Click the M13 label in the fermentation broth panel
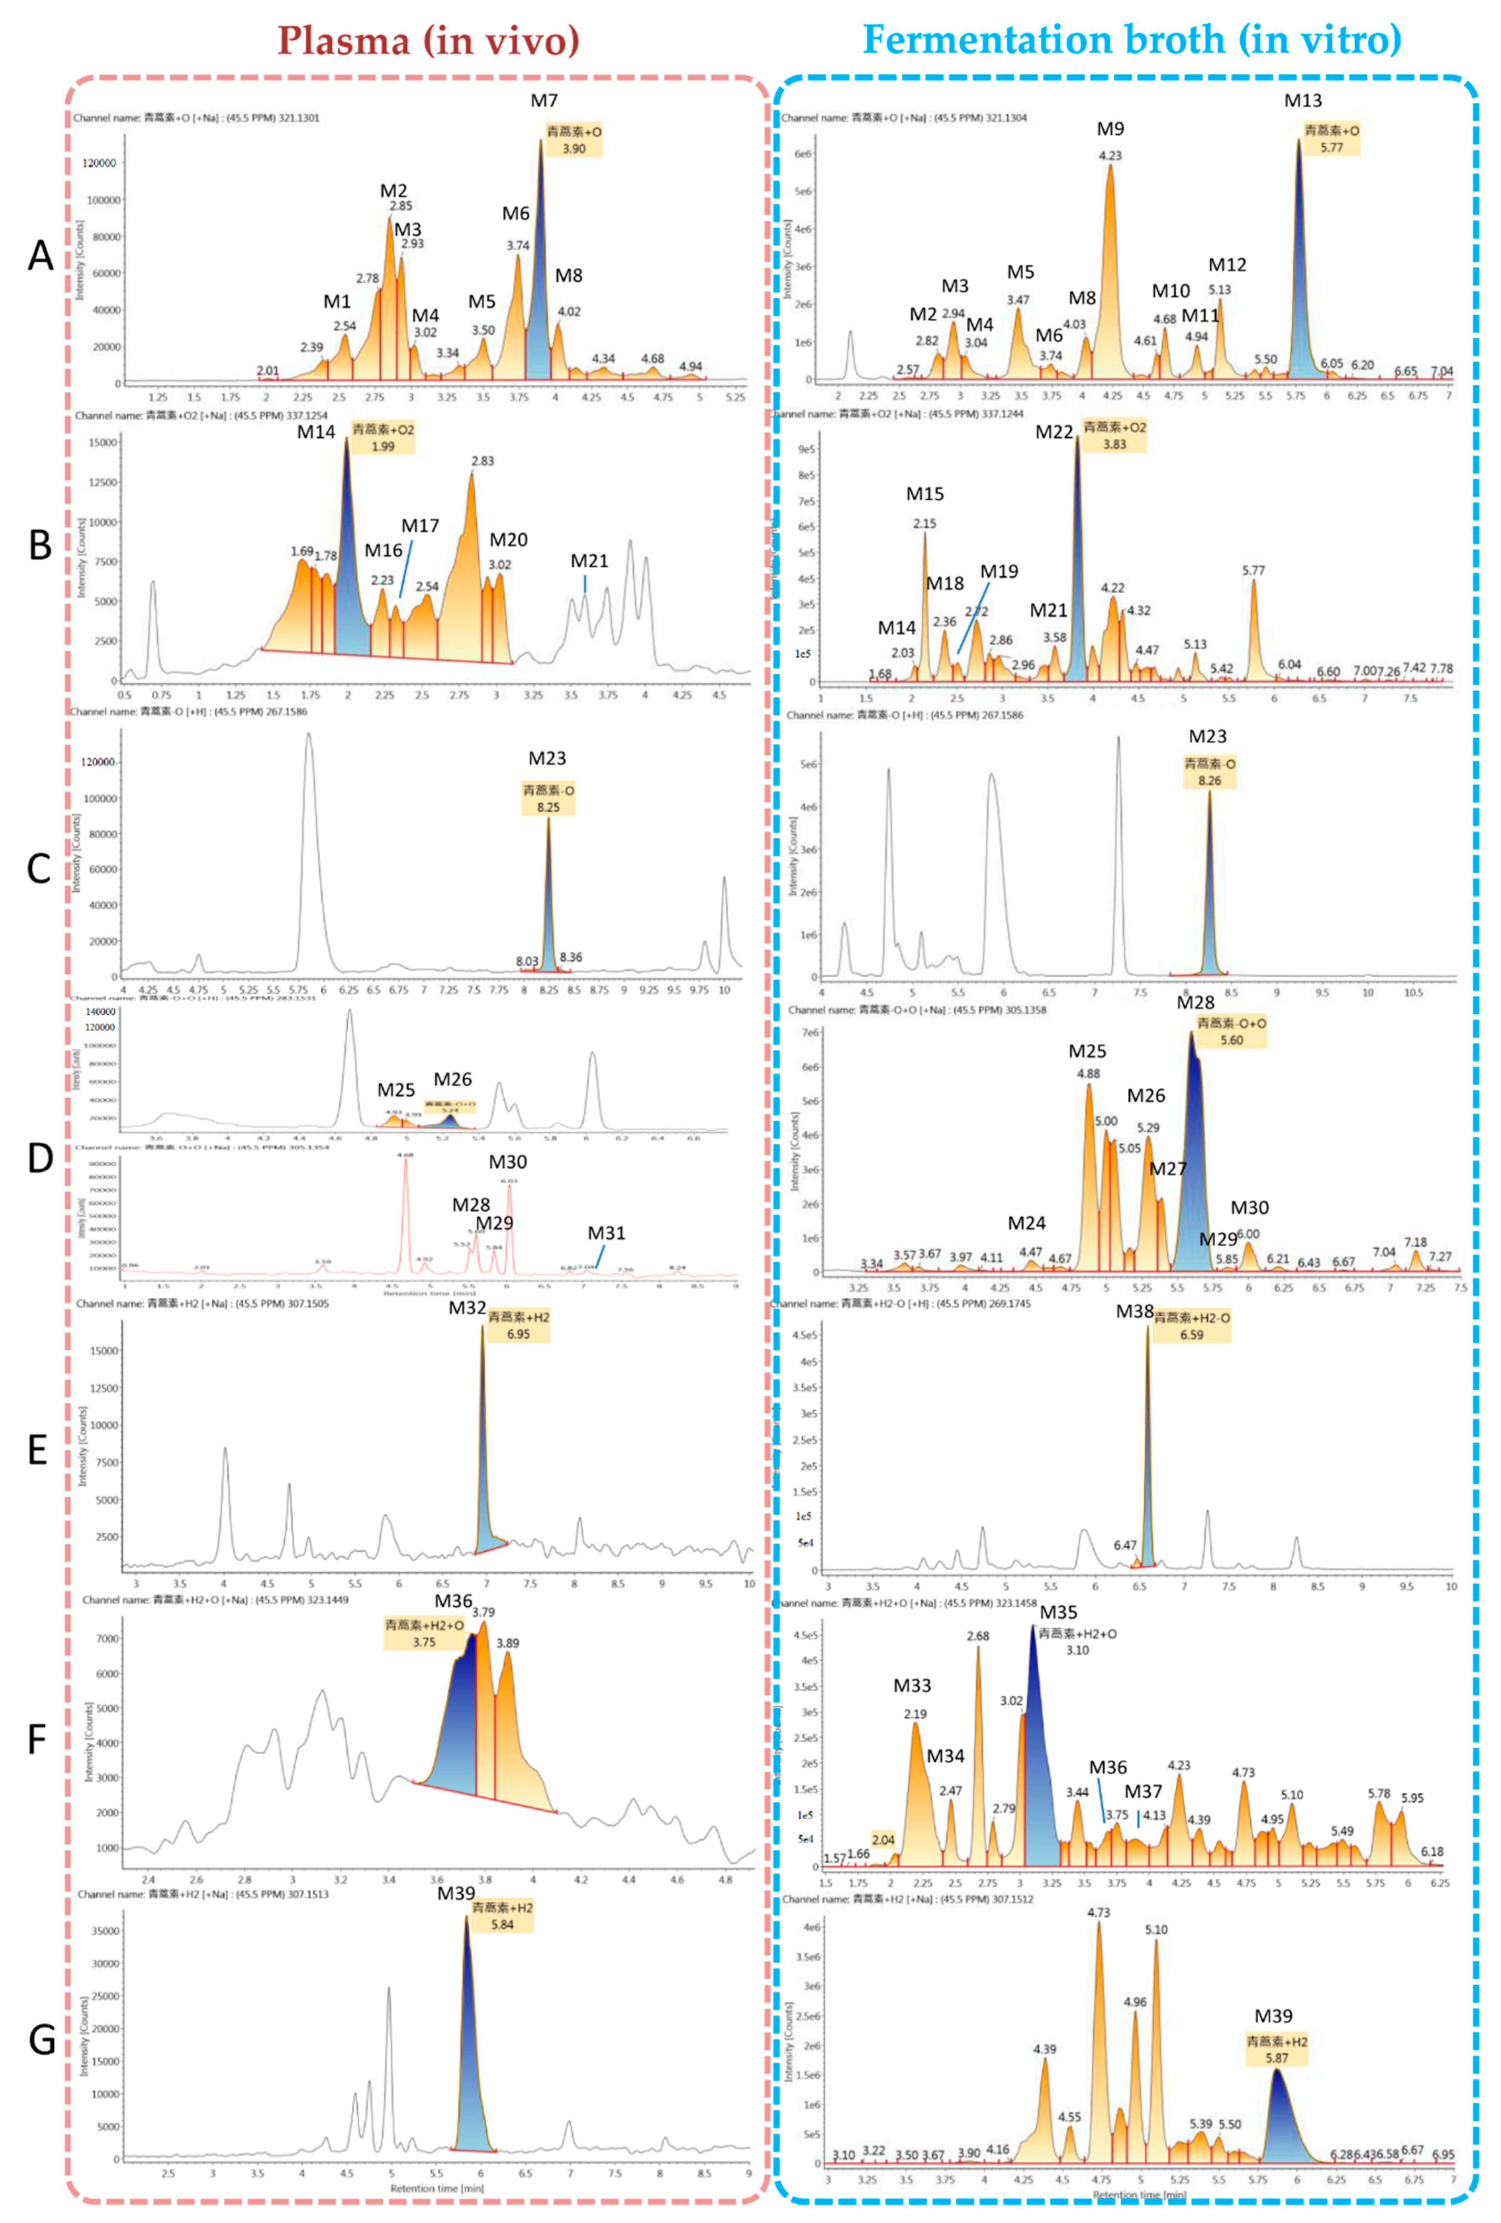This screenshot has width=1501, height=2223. coord(1302,101)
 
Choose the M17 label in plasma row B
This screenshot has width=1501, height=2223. coord(420,526)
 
